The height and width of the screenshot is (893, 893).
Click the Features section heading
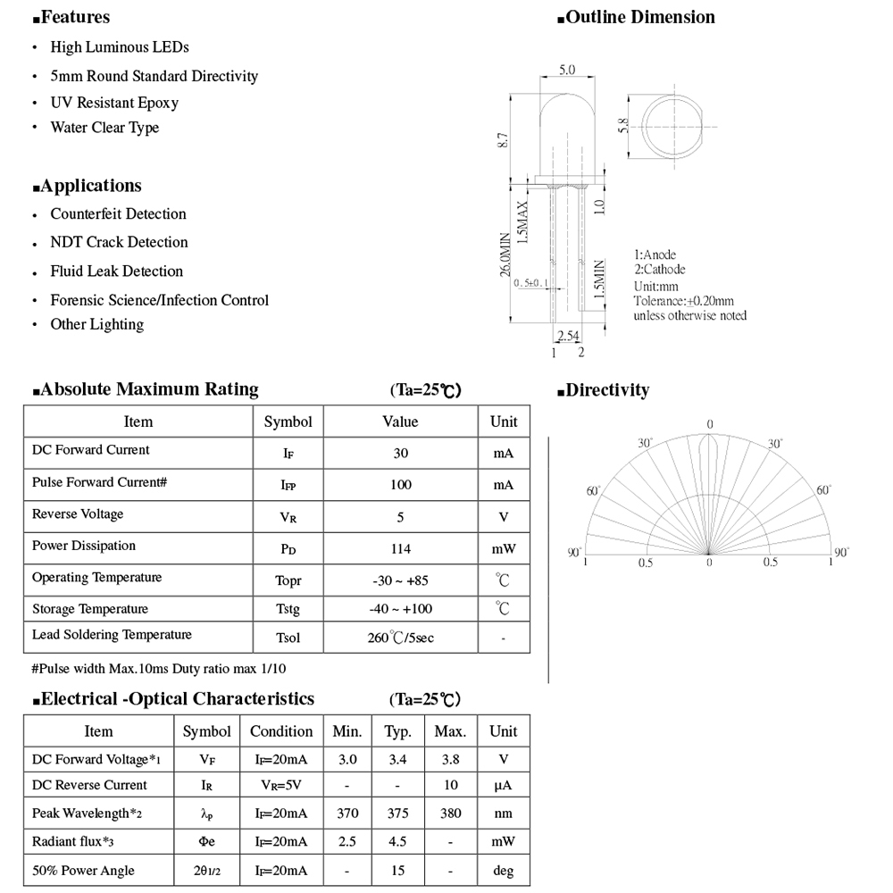[x=75, y=17]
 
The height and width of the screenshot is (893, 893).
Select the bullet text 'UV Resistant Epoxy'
[x=114, y=103]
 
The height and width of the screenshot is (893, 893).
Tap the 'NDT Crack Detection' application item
[x=119, y=242]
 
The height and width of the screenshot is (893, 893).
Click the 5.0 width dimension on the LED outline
[x=566, y=70]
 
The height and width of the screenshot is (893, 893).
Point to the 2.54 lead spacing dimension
[x=567, y=337]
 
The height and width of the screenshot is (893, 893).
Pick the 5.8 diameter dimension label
[x=623, y=126]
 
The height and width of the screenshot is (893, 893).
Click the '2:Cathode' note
[x=660, y=270]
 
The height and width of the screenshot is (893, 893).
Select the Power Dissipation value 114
[x=400, y=549]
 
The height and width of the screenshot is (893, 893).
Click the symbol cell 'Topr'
[x=288, y=581]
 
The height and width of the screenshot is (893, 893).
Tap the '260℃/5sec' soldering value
[x=401, y=638]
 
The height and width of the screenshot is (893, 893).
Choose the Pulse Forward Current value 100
[x=400, y=485]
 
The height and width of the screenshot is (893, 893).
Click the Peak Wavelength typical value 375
[x=397, y=814]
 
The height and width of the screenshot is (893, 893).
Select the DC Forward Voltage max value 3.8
[x=450, y=759]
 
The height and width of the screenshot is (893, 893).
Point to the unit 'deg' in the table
[x=503, y=871]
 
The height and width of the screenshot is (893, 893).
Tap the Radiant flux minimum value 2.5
[x=346, y=842]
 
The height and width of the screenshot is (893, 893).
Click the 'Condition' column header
[x=281, y=731]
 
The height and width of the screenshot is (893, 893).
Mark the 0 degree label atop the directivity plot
[x=710, y=424]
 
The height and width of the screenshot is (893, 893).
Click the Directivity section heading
[x=607, y=390]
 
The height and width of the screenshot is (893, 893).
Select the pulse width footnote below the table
[x=159, y=668]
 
